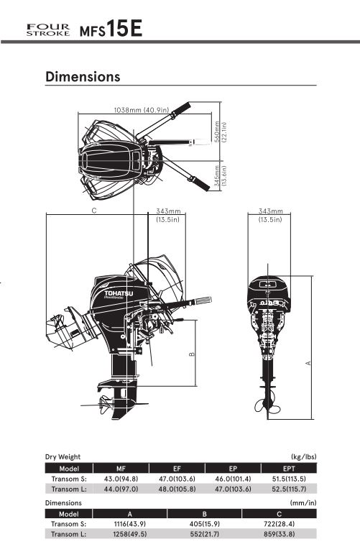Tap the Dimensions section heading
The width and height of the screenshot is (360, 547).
(83, 76)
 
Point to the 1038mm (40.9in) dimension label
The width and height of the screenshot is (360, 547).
(142, 110)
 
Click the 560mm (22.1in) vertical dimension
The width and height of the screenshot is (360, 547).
(220, 132)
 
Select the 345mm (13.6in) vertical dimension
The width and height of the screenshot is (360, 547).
(220, 175)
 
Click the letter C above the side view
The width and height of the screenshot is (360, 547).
(94, 211)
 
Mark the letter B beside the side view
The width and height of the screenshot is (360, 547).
(192, 354)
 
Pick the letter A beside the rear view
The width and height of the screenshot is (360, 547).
(308, 363)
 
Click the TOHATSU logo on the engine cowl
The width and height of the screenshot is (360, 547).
(119, 293)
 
